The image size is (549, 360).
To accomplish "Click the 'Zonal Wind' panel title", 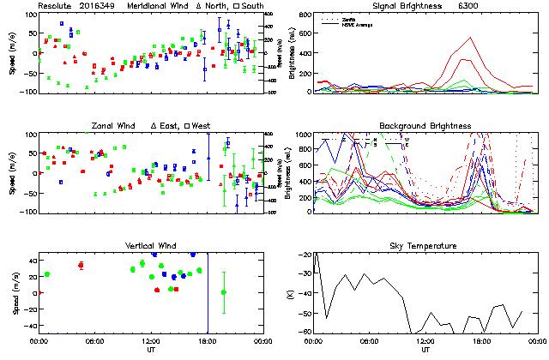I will pos(116,126).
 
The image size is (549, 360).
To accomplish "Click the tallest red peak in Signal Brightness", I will pos(469,39).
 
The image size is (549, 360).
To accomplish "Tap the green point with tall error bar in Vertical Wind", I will pos(224,292).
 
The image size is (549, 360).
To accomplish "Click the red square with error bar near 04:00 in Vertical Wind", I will pos(81,266).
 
